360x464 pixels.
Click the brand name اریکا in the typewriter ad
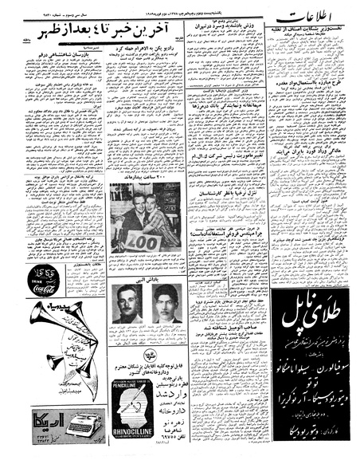[33, 421]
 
